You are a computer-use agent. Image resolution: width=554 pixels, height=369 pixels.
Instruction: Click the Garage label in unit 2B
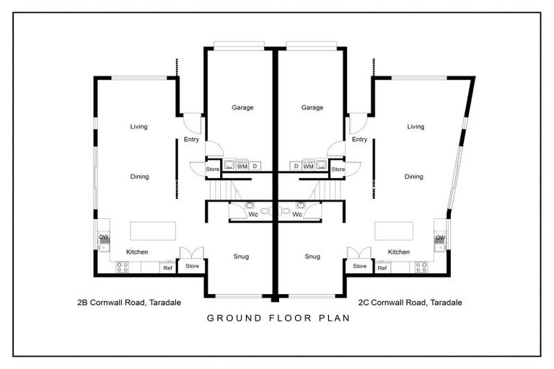[242, 107]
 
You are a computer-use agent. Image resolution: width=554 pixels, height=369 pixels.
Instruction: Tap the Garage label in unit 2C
[312, 107]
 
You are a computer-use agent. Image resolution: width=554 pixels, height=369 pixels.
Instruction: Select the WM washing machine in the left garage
[242, 165]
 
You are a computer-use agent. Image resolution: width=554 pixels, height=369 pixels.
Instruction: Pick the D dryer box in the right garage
[296, 166]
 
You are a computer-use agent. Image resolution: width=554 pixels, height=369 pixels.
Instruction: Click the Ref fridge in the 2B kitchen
[167, 267]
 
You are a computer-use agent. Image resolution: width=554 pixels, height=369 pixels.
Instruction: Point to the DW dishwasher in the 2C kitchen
[440, 237]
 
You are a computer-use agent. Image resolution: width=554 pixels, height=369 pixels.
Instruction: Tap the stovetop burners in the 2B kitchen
[122, 267]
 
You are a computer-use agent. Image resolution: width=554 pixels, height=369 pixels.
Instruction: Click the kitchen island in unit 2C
[394, 231]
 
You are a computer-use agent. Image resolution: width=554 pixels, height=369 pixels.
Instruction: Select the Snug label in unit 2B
[241, 257]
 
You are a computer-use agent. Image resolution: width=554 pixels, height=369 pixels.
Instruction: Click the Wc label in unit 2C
[297, 214]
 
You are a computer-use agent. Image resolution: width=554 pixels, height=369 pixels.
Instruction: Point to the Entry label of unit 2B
[191, 140]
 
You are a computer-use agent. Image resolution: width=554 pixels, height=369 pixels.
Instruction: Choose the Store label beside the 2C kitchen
[359, 266]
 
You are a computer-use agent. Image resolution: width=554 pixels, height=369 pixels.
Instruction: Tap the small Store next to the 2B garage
[212, 169]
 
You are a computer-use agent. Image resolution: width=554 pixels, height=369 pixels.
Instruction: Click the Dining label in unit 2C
[414, 177]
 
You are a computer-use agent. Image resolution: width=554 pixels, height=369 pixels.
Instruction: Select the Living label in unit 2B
[138, 126]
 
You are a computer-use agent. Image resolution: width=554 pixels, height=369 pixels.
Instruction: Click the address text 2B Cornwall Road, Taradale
[129, 302]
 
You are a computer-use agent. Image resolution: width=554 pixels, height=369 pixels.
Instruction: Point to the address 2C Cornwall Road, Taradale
[410, 302]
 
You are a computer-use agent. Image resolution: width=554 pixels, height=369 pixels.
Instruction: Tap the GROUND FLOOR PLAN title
[278, 318]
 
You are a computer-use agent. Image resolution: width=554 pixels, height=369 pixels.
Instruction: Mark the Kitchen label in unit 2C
[399, 252]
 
